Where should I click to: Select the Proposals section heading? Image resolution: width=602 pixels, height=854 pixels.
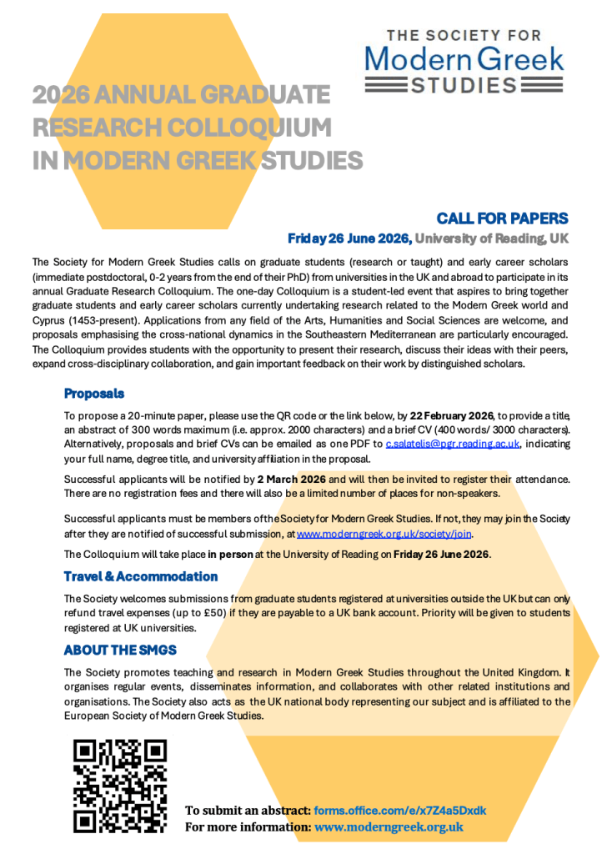pos(94,394)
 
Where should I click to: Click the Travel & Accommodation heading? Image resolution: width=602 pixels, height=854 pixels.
pos(141,576)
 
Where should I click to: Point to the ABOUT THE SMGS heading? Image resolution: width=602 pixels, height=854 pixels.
pos(120,651)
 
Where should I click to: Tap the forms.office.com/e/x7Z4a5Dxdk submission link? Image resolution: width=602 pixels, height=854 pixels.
pos(400,811)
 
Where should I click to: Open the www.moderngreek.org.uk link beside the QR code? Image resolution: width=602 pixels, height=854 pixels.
pos(389,827)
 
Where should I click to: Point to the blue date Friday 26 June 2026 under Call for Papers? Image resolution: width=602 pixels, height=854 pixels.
pos(349,239)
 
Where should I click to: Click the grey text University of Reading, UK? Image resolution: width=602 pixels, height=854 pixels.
pos(492,239)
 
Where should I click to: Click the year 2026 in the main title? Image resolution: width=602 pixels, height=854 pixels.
pos(62,95)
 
